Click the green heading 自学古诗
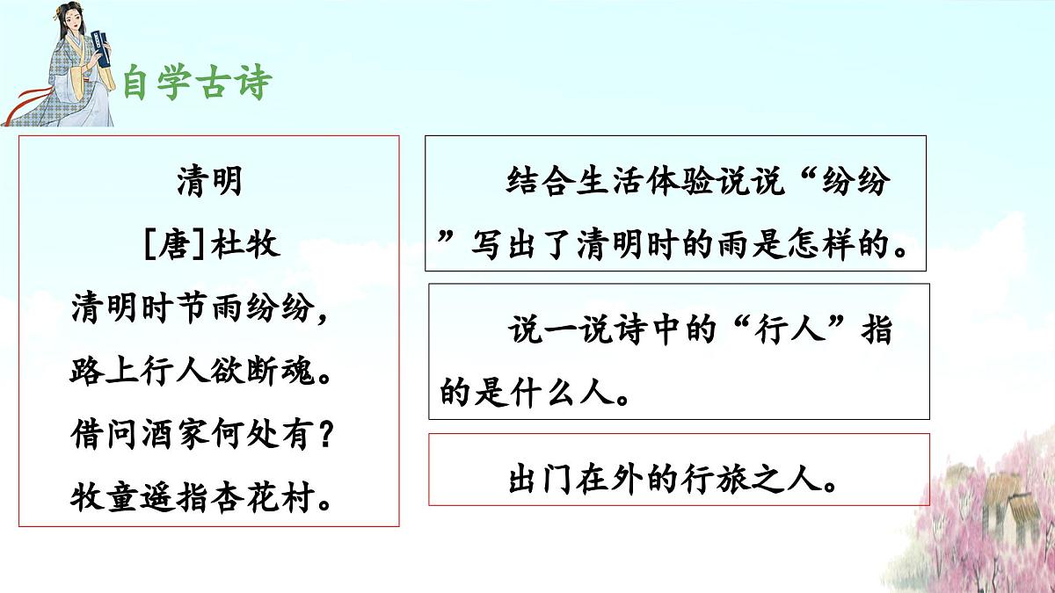197,83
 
